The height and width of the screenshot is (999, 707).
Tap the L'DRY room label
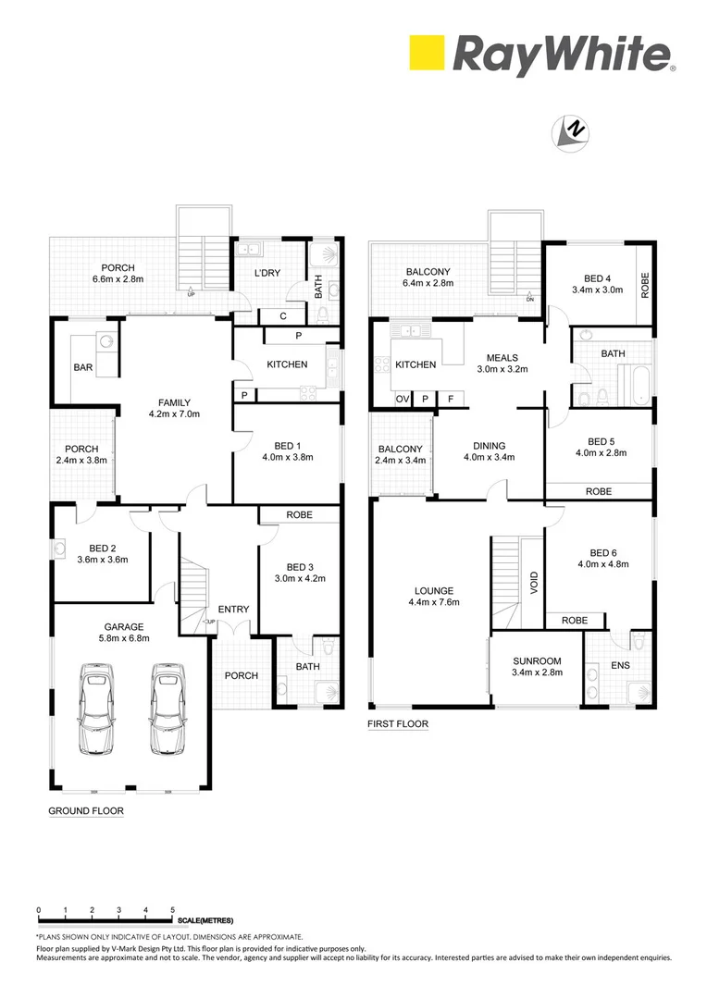pyautogui.click(x=267, y=273)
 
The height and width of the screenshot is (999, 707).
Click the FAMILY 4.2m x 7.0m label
pyautogui.click(x=174, y=408)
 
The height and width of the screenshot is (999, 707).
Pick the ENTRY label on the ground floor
pyautogui.click(x=233, y=609)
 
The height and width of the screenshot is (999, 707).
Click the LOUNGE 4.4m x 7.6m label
pyautogui.click(x=434, y=596)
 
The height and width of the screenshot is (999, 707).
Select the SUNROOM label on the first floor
pyautogui.click(x=537, y=666)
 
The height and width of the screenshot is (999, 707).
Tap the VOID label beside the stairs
pyautogui.click(x=533, y=585)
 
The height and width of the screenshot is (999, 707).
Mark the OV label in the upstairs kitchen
pyautogui.click(x=403, y=399)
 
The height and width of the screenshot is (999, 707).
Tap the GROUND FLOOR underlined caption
pyautogui.click(x=85, y=810)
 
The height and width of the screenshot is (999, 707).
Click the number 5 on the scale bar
pyautogui.click(x=173, y=911)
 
